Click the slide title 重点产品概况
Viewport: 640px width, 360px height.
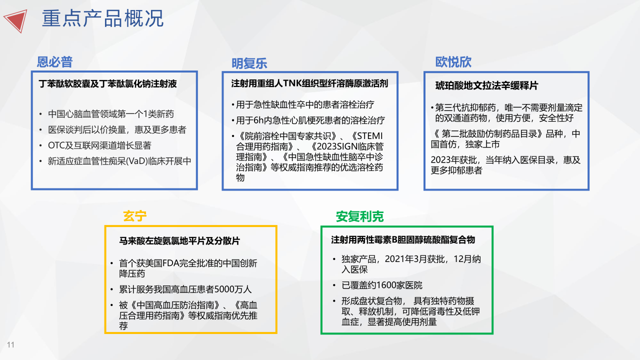point(102,18)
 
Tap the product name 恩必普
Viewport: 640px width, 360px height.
point(54,61)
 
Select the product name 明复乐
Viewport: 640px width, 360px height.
point(249,63)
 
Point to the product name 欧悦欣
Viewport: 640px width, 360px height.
point(453,61)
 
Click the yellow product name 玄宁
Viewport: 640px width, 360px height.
point(134,216)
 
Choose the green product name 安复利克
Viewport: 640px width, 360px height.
point(359,216)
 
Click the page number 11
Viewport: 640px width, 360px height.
point(10,344)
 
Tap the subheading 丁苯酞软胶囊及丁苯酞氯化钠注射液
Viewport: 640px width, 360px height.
point(107,83)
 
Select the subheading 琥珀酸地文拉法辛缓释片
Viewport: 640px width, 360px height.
point(486,85)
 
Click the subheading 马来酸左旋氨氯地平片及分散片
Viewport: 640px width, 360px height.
point(179,241)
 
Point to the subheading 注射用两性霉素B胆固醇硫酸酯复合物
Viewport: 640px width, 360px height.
point(403,239)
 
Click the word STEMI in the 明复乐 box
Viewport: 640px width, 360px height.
point(369,136)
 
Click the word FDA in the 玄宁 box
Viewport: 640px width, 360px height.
point(171,263)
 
